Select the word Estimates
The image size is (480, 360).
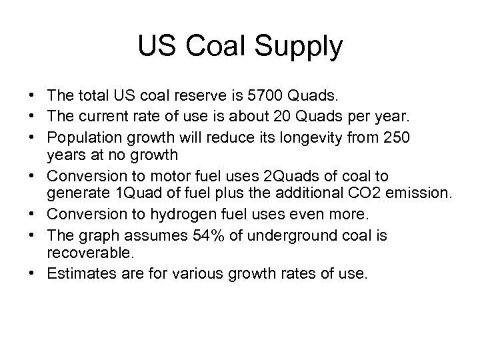76,273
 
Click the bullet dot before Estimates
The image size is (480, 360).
33,273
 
